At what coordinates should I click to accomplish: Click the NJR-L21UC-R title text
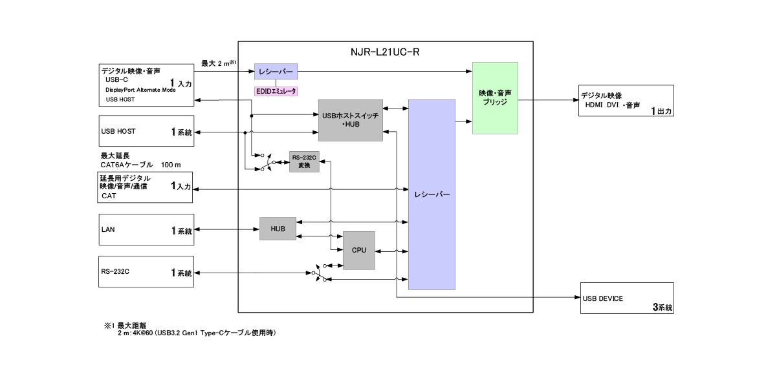point(386,52)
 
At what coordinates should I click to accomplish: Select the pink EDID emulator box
point(276,92)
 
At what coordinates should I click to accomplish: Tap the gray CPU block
point(359,250)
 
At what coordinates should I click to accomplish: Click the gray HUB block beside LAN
point(278,229)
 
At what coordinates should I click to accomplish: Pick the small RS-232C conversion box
point(304,161)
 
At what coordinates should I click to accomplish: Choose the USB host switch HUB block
point(350,120)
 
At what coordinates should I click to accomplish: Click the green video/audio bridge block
point(495,98)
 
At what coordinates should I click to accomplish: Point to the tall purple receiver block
point(432,194)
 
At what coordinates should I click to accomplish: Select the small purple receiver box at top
point(276,71)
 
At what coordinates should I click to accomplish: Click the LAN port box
point(146,230)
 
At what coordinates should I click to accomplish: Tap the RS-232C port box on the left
point(146,273)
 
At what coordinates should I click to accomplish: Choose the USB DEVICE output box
point(627,298)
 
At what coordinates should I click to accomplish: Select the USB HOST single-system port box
point(146,132)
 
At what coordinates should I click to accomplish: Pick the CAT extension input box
point(146,187)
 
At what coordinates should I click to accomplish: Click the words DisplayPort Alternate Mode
point(140,90)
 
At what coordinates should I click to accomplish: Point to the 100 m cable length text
point(171,165)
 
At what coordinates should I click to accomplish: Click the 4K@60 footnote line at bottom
point(197,333)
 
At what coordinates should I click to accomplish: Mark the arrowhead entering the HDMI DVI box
point(575,100)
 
